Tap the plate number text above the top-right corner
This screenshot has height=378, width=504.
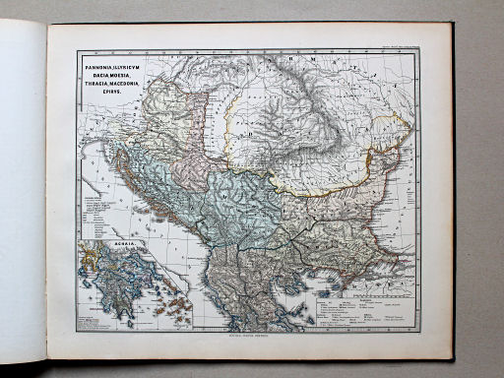pyautogui.click(x=401, y=46)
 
